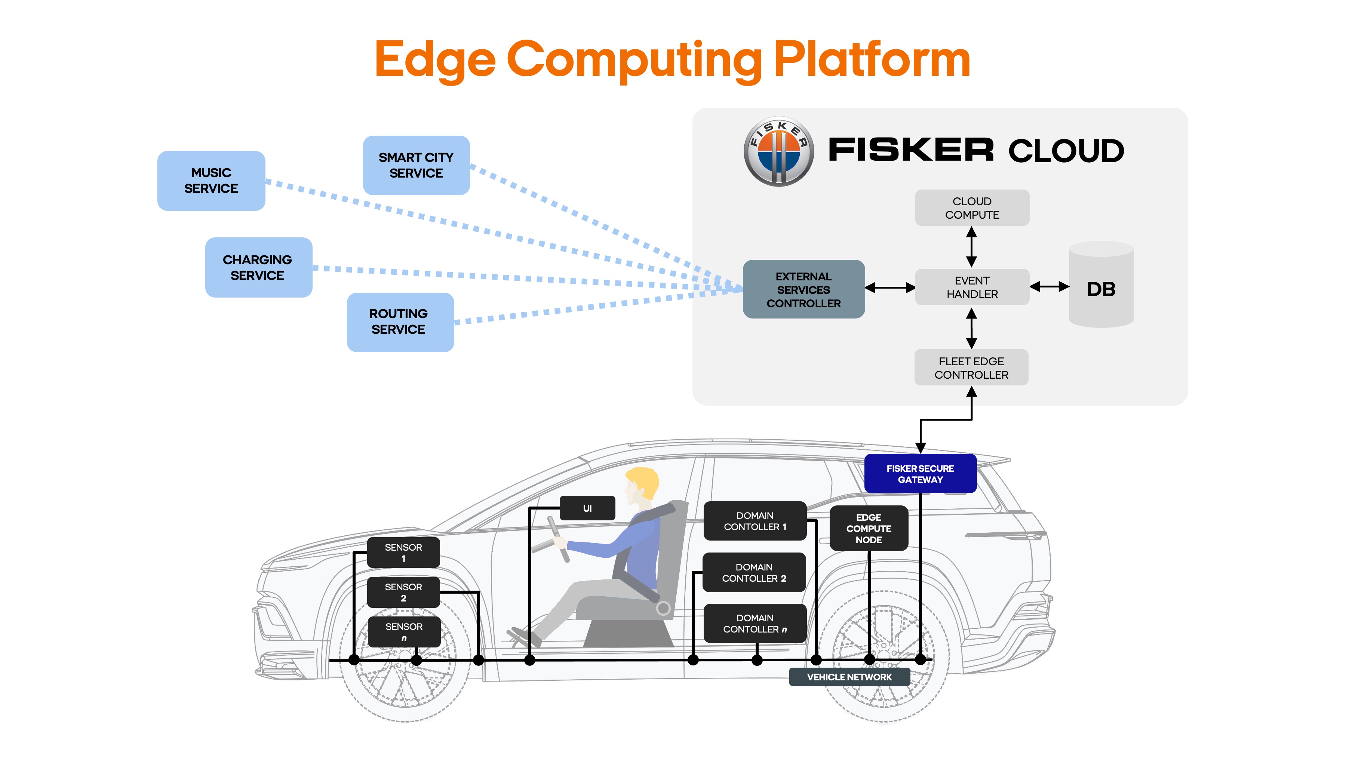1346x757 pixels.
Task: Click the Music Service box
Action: [211, 181]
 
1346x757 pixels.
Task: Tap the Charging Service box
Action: [258, 268]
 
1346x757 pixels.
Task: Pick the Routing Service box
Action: [400, 322]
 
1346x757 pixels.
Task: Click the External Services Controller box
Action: [803, 289]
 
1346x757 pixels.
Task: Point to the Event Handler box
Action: [972, 287]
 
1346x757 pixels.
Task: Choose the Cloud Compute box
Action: [972, 208]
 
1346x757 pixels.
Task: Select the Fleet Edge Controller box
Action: [971, 368]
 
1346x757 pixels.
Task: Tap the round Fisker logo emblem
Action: [778, 151]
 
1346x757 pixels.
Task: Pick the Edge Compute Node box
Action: [869, 528]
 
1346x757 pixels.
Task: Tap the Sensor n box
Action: [403, 632]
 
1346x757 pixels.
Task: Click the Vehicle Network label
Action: [849, 677]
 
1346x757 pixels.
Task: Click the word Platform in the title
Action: [872, 60]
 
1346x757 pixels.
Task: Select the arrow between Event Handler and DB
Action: [1049, 286]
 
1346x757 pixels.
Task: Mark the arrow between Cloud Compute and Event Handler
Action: [971, 247]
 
